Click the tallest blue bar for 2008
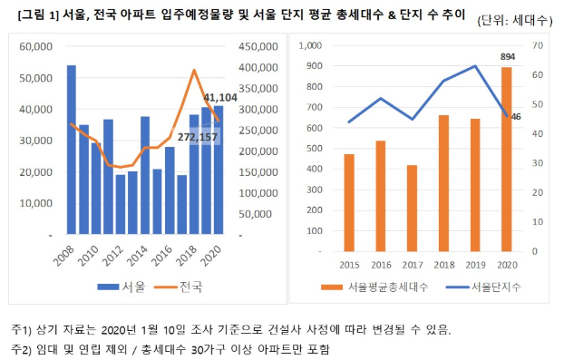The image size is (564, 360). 72,150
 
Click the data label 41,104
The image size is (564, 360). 220,98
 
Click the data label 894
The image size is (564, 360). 507,56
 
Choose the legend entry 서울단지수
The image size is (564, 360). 485,287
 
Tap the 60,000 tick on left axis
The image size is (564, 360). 37,46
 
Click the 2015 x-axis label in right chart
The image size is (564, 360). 348,264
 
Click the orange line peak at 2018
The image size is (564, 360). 194,70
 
